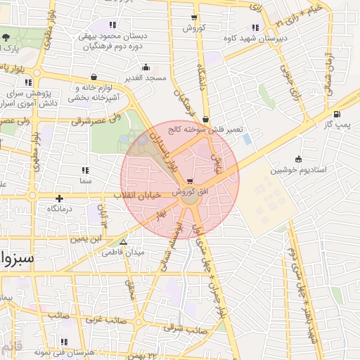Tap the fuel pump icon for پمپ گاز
[x=337, y=115]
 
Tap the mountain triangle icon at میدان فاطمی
[x=124, y=241]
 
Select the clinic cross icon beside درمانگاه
[x=60, y=199]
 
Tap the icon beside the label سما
[x=86, y=170]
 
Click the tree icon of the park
[x=6, y=37]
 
